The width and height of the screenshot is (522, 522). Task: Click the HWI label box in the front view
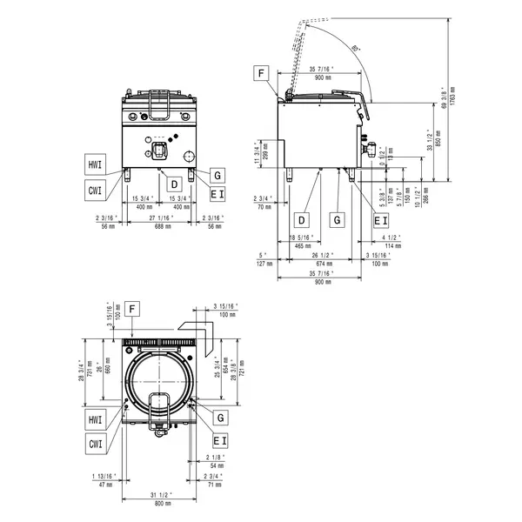point(96,164)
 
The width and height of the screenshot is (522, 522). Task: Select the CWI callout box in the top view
point(96,444)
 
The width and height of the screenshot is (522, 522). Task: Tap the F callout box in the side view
point(262,73)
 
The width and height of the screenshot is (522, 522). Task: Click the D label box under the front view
point(174,184)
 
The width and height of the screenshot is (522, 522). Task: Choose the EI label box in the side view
point(380,220)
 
